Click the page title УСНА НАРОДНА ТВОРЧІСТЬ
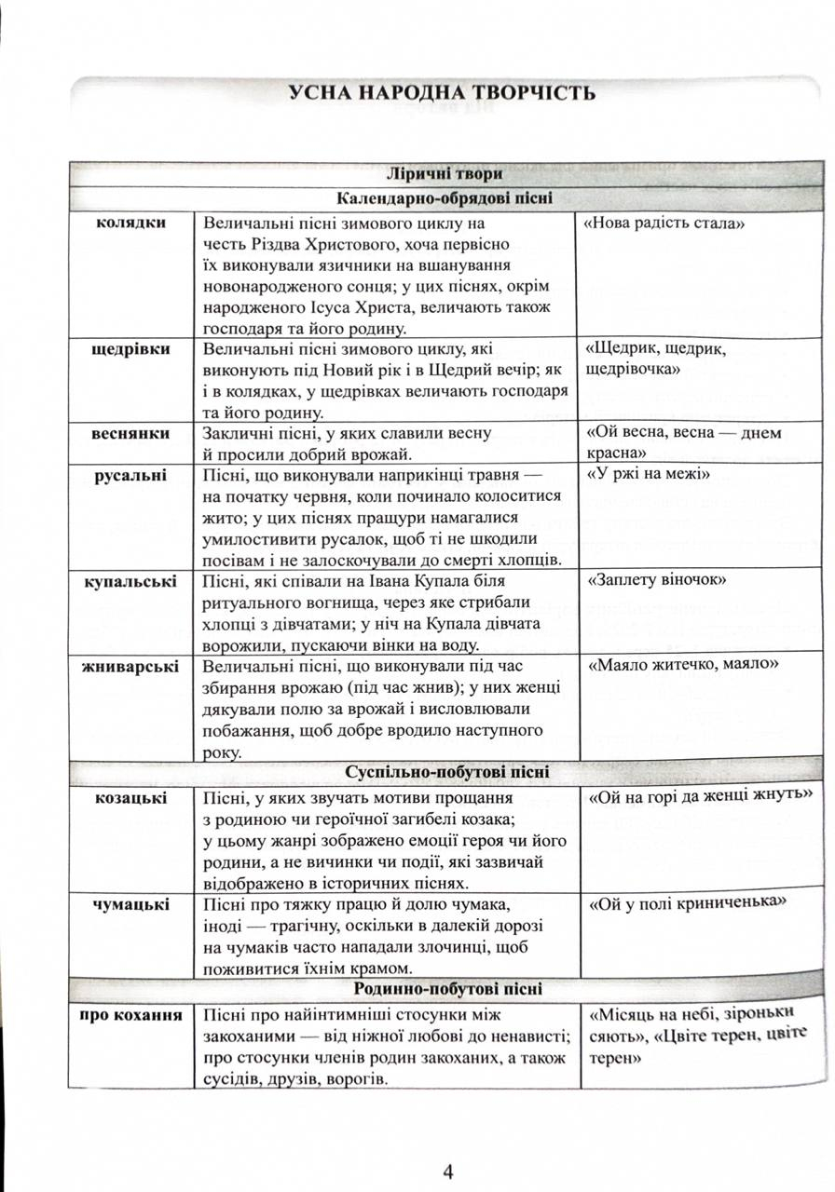click(442, 93)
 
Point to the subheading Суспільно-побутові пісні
click(447, 773)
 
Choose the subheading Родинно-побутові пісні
click(447, 989)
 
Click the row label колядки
click(131, 223)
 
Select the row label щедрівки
click(131, 349)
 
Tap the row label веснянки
click(131, 434)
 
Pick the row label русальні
click(131, 476)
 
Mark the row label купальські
click(131, 582)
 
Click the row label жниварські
click(131, 667)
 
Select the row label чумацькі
click(131, 904)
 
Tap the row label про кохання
click(131, 1013)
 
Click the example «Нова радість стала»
click(666, 224)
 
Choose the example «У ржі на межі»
click(649, 476)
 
